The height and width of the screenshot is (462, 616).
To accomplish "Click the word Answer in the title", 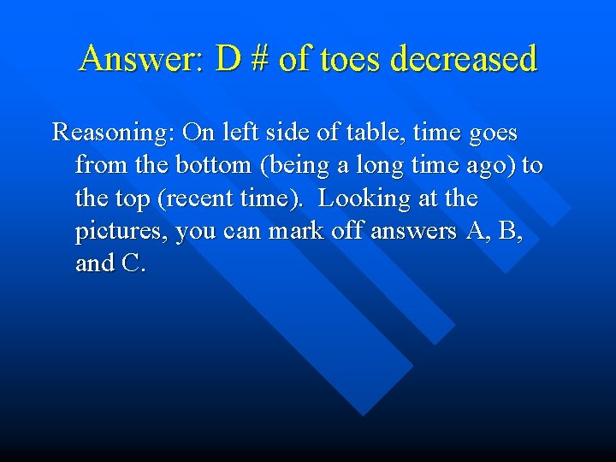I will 139,59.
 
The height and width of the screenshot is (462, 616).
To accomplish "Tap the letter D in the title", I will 228,59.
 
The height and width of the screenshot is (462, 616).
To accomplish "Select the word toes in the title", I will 353,59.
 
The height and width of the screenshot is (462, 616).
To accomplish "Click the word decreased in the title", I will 463,59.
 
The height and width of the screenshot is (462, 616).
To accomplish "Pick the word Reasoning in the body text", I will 112,133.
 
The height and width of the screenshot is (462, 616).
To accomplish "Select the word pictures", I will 121,232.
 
